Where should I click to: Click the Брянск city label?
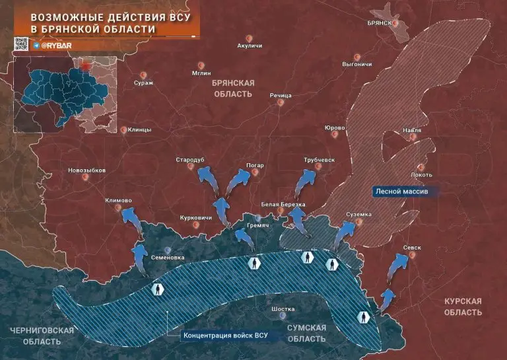click(379, 22)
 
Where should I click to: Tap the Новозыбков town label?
click(86, 170)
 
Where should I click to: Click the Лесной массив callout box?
click(401, 190)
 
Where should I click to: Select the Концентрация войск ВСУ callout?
click(233, 335)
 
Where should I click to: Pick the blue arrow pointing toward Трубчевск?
click(306, 180)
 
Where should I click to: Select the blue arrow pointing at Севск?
click(397, 263)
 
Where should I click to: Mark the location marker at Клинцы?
click(123, 130)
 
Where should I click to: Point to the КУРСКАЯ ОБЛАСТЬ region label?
click(462, 306)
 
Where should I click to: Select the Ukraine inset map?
click(65, 94)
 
